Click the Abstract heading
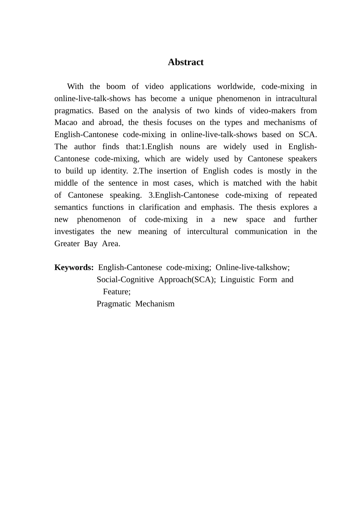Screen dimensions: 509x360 coord(186,62)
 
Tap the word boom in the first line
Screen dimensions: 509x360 coord(116,86)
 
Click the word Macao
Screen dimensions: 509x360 coord(66,122)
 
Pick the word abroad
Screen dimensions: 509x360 coord(111,122)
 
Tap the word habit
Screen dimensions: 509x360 coord(308,183)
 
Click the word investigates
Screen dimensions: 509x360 coord(74,231)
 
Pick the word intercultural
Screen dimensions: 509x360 coord(208,231)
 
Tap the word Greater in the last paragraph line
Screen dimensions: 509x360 coord(67,244)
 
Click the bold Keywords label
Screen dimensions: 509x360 coord(74,267)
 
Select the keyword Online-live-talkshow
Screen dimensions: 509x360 coord(252,267)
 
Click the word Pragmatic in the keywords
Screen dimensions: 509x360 coord(114,304)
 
